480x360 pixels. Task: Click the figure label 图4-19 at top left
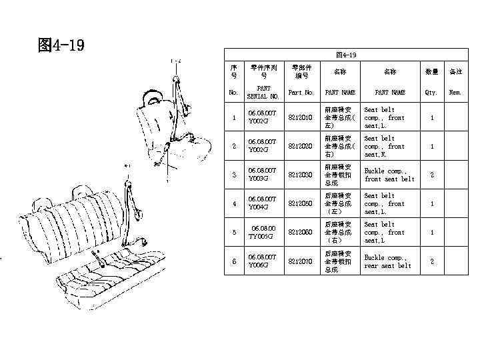(x=61, y=45)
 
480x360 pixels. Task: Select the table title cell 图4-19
(x=346, y=55)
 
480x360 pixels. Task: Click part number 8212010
(x=300, y=117)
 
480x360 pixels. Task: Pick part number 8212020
(x=300, y=146)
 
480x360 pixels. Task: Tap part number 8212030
(x=300, y=175)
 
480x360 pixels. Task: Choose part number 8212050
(x=300, y=203)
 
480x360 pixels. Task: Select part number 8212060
(x=300, y=233)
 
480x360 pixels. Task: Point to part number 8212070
(x=300, y=261)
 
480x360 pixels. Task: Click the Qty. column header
(x=431, y=93)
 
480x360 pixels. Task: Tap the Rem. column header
(x=455, y=93)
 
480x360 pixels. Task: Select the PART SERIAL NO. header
(x=263, y=93)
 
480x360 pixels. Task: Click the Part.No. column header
(x=300, y=93)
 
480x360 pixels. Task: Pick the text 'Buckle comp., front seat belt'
(x=389, y=175)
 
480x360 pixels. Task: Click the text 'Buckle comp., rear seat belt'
(x=389, y=261)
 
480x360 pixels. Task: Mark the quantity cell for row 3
(x=431, y=175)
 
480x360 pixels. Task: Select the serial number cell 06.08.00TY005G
(x=263, y=233)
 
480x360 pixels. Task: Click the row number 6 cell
(x=233, y=261)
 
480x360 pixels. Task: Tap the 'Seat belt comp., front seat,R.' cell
(x=389, y=146)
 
